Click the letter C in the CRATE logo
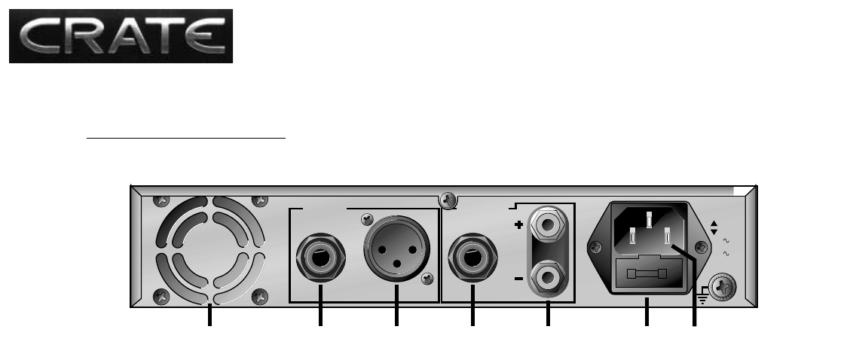click(40, 36)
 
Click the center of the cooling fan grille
click(209, 250)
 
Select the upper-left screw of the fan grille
click(161, 201)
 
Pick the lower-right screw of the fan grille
click(260, 297)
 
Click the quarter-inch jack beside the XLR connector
click(320, 258)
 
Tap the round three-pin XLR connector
click(397, 249)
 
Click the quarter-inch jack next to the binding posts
click(472, 258)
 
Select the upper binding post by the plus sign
click(548, 224)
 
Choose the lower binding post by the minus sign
click(548, 278)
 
